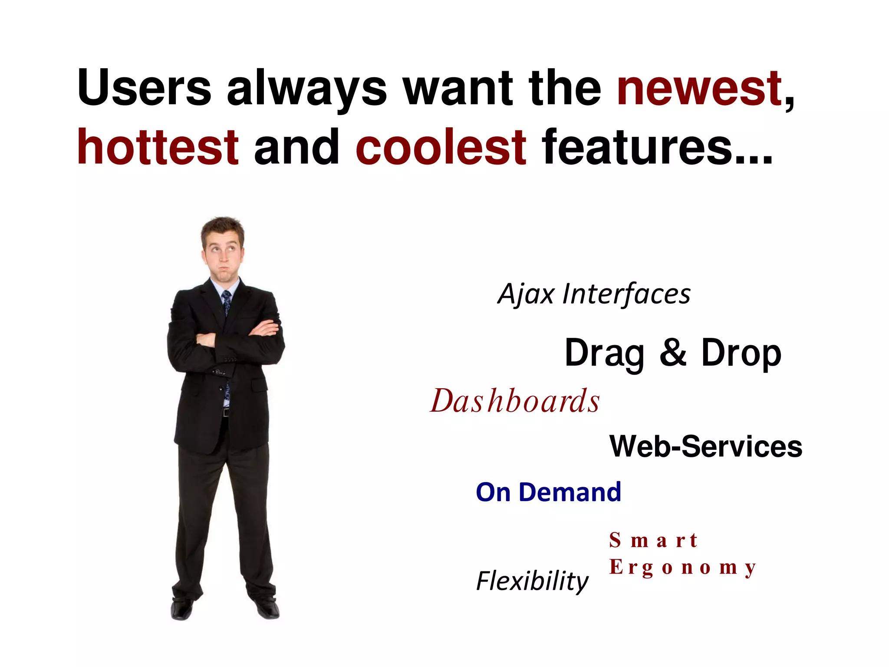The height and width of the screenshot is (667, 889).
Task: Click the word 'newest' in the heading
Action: pos(699,89)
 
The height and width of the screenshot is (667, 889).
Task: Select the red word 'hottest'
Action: pos(158,148)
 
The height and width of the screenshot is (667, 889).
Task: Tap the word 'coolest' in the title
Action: pos(441,148)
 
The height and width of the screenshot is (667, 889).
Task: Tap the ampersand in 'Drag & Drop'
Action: pos(673,353)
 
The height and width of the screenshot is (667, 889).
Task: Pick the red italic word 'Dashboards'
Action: pos(515,401)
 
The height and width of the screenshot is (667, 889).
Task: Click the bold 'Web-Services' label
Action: pos(706,446)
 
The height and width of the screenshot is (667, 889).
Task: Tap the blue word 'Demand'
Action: pos(570,492)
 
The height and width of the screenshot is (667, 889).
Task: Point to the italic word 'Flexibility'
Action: pos(532,581)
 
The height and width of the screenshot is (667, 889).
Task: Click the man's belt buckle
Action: pos(225,412)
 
